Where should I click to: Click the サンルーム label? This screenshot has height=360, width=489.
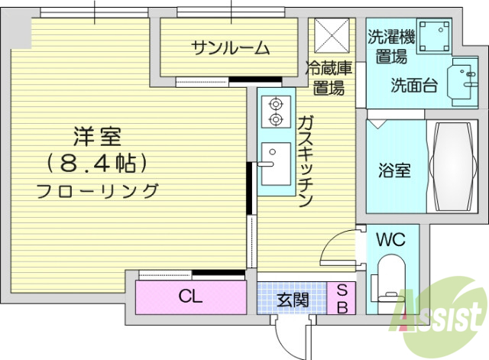click(x=230, y=49)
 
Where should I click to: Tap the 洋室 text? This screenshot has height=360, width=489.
click(x=98, y=138)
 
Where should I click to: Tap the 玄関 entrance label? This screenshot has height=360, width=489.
click(x=292, y=299)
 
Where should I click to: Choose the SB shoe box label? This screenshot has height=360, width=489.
click(x=342, y=299)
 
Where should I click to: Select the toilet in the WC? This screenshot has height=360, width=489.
click(x=391, y=279)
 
